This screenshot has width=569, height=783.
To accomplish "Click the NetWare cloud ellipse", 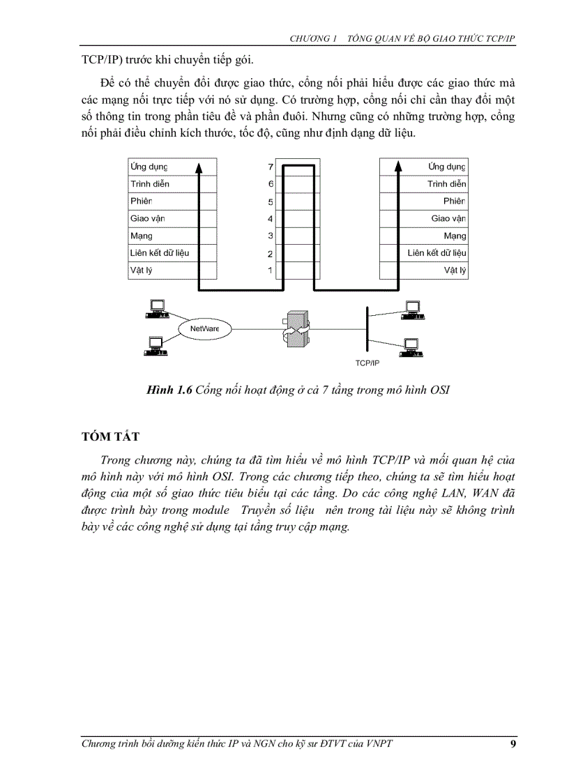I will (x=201, y=327).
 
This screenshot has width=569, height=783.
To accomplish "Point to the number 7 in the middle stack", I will (x=271, y=167).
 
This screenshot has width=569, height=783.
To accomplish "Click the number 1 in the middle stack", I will (x=271, y=271).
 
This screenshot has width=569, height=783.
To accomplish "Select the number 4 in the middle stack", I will (x=271, y=219).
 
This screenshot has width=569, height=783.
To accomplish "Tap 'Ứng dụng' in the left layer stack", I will (x=149, y=167).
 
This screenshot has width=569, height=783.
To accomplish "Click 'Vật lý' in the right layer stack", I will (x=455, y=270).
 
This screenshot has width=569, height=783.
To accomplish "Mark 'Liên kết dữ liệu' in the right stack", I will (x=437, y=252).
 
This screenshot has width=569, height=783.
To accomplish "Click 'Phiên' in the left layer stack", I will (x=141, y=201).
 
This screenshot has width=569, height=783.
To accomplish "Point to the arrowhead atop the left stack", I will (x=199, y=166).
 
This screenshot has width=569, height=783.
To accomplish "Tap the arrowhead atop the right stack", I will (x=398, y=166).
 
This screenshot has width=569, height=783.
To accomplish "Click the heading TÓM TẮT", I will (x=111, y=436).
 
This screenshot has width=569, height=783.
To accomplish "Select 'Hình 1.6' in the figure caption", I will (x=169, y=390).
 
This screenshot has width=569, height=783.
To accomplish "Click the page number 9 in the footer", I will (x=513, y=744).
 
